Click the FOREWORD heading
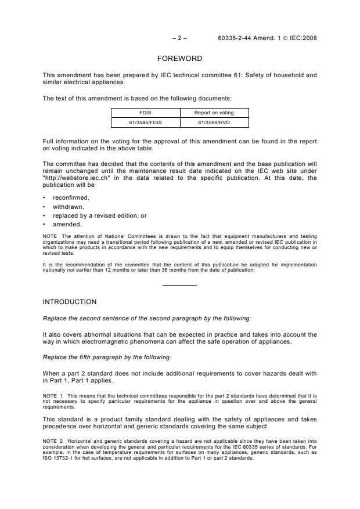click(x=179, y=59)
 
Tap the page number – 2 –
click(x=179, y=38)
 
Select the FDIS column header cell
click(x=145, y=113)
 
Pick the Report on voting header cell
click(x=214, y=113)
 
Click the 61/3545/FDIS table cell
click(x=145, y=122)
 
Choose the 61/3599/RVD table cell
click(x=214, y=122)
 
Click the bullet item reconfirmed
click(x=71, y=197)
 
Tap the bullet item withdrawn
click(x=69, y=207)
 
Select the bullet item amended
click(x=68, y=224)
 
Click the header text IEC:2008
click(x=304, y=38)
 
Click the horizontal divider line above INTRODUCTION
click(x=179, y=284)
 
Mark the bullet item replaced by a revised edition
click(x=99, y=215)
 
